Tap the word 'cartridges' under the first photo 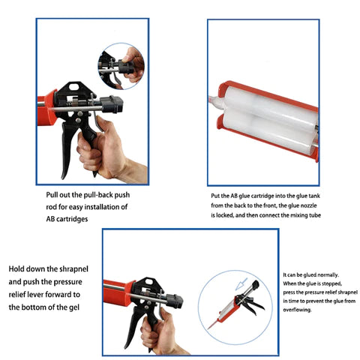(x=72, y=219)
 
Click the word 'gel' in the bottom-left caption (x=74, y=307)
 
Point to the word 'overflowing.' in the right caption (x=297, y=310)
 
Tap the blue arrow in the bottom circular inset (x=241, y=283)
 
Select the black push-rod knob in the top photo (x=112, y=104)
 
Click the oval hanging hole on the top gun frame (x=73, y=87)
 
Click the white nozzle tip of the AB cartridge (x=214, y=102)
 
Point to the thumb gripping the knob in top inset (x=130, y=54)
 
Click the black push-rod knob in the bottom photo (x=175, y=301)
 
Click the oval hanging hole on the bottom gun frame (x=148, y=282)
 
